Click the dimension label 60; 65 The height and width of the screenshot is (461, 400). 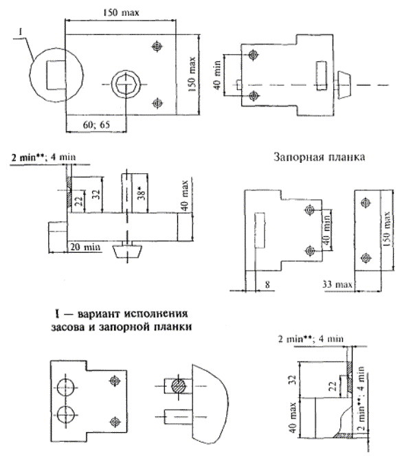pos(96,124)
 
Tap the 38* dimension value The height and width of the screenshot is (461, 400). pos(142,194)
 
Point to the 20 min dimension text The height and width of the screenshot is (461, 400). pos(85,247)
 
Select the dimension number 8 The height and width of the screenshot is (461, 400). pos(267,284)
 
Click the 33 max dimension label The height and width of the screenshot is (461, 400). pos(337,284)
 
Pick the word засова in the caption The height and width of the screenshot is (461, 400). pos(68,327)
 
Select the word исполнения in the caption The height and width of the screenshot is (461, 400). pos(155,314)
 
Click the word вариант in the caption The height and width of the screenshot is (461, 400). pos(98,314)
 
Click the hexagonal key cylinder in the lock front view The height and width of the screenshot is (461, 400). pos(126,84)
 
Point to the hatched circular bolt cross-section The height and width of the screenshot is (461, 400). pos(179,386)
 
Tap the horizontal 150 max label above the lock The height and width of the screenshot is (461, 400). pos(121,12)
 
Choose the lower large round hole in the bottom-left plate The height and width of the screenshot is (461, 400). pos(65,414)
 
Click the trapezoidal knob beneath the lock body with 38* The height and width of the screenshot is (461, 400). pos(127,251)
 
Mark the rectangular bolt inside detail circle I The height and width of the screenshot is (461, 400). pos(56,75)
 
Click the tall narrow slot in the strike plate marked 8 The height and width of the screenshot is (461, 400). pos(260,230)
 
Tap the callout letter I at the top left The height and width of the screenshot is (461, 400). pos(21,32)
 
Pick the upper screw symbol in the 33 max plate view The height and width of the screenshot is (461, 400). pos(366,203)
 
